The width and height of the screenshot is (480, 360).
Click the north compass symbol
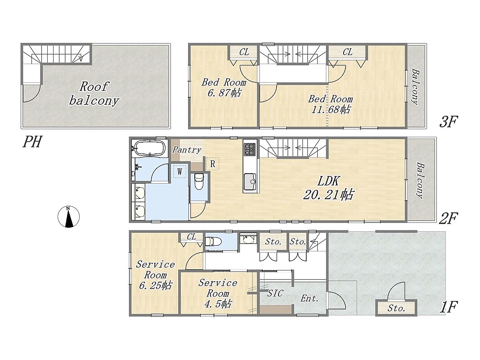[68, 217]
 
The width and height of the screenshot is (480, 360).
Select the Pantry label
[187, 150]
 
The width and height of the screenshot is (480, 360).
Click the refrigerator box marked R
[212, 164]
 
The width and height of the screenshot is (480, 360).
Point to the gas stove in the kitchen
[250, 149]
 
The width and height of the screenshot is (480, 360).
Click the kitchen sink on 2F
[250, 181]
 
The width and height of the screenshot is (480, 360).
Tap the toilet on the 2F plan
[199, 181]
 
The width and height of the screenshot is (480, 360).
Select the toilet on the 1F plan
[213, 242]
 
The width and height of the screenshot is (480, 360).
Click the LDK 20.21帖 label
[328, 188]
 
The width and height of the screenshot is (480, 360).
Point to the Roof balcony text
[94, 93]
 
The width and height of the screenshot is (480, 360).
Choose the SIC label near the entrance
[275, 293]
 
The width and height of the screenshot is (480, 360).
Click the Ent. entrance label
[310, 298]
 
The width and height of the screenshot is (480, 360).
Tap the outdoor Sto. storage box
[396, 308]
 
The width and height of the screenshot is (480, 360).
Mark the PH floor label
[32, 142]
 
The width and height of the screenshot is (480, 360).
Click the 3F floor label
[448, 122]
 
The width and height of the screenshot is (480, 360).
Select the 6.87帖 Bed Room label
[224, 87]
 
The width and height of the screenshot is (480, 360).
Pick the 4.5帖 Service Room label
[218, 293]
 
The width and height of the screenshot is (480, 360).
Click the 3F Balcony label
[415, 87]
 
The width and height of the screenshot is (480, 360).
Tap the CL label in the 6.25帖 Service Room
[191, 237]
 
